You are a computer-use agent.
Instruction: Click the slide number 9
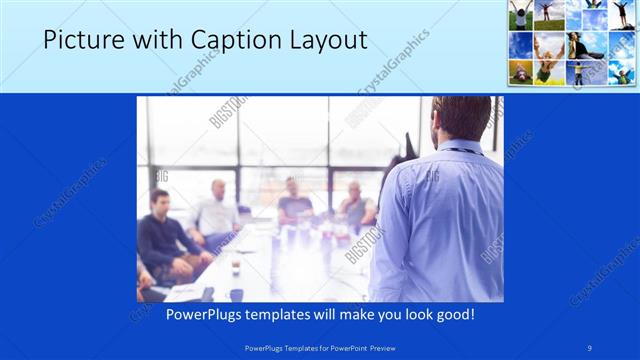tap(590, 347)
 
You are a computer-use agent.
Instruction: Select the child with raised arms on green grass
tap(522, 16)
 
